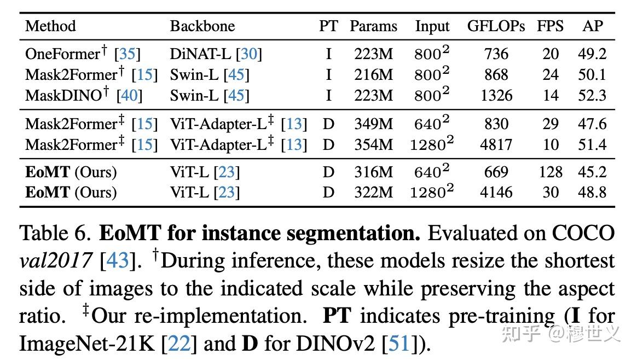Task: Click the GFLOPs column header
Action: [496, 26]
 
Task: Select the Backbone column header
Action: [202, 26]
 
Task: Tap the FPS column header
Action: [549, 26]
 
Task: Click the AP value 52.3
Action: [592, 95]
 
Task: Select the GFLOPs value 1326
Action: [496, 95]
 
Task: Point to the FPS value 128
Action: [550, 172]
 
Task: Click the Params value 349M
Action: [373, 124]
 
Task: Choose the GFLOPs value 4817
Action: [496, 144]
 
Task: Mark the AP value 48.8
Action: [592, 192]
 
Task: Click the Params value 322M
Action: [373, 192]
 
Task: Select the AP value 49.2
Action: [592, 54]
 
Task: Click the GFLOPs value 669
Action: [496, 172]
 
